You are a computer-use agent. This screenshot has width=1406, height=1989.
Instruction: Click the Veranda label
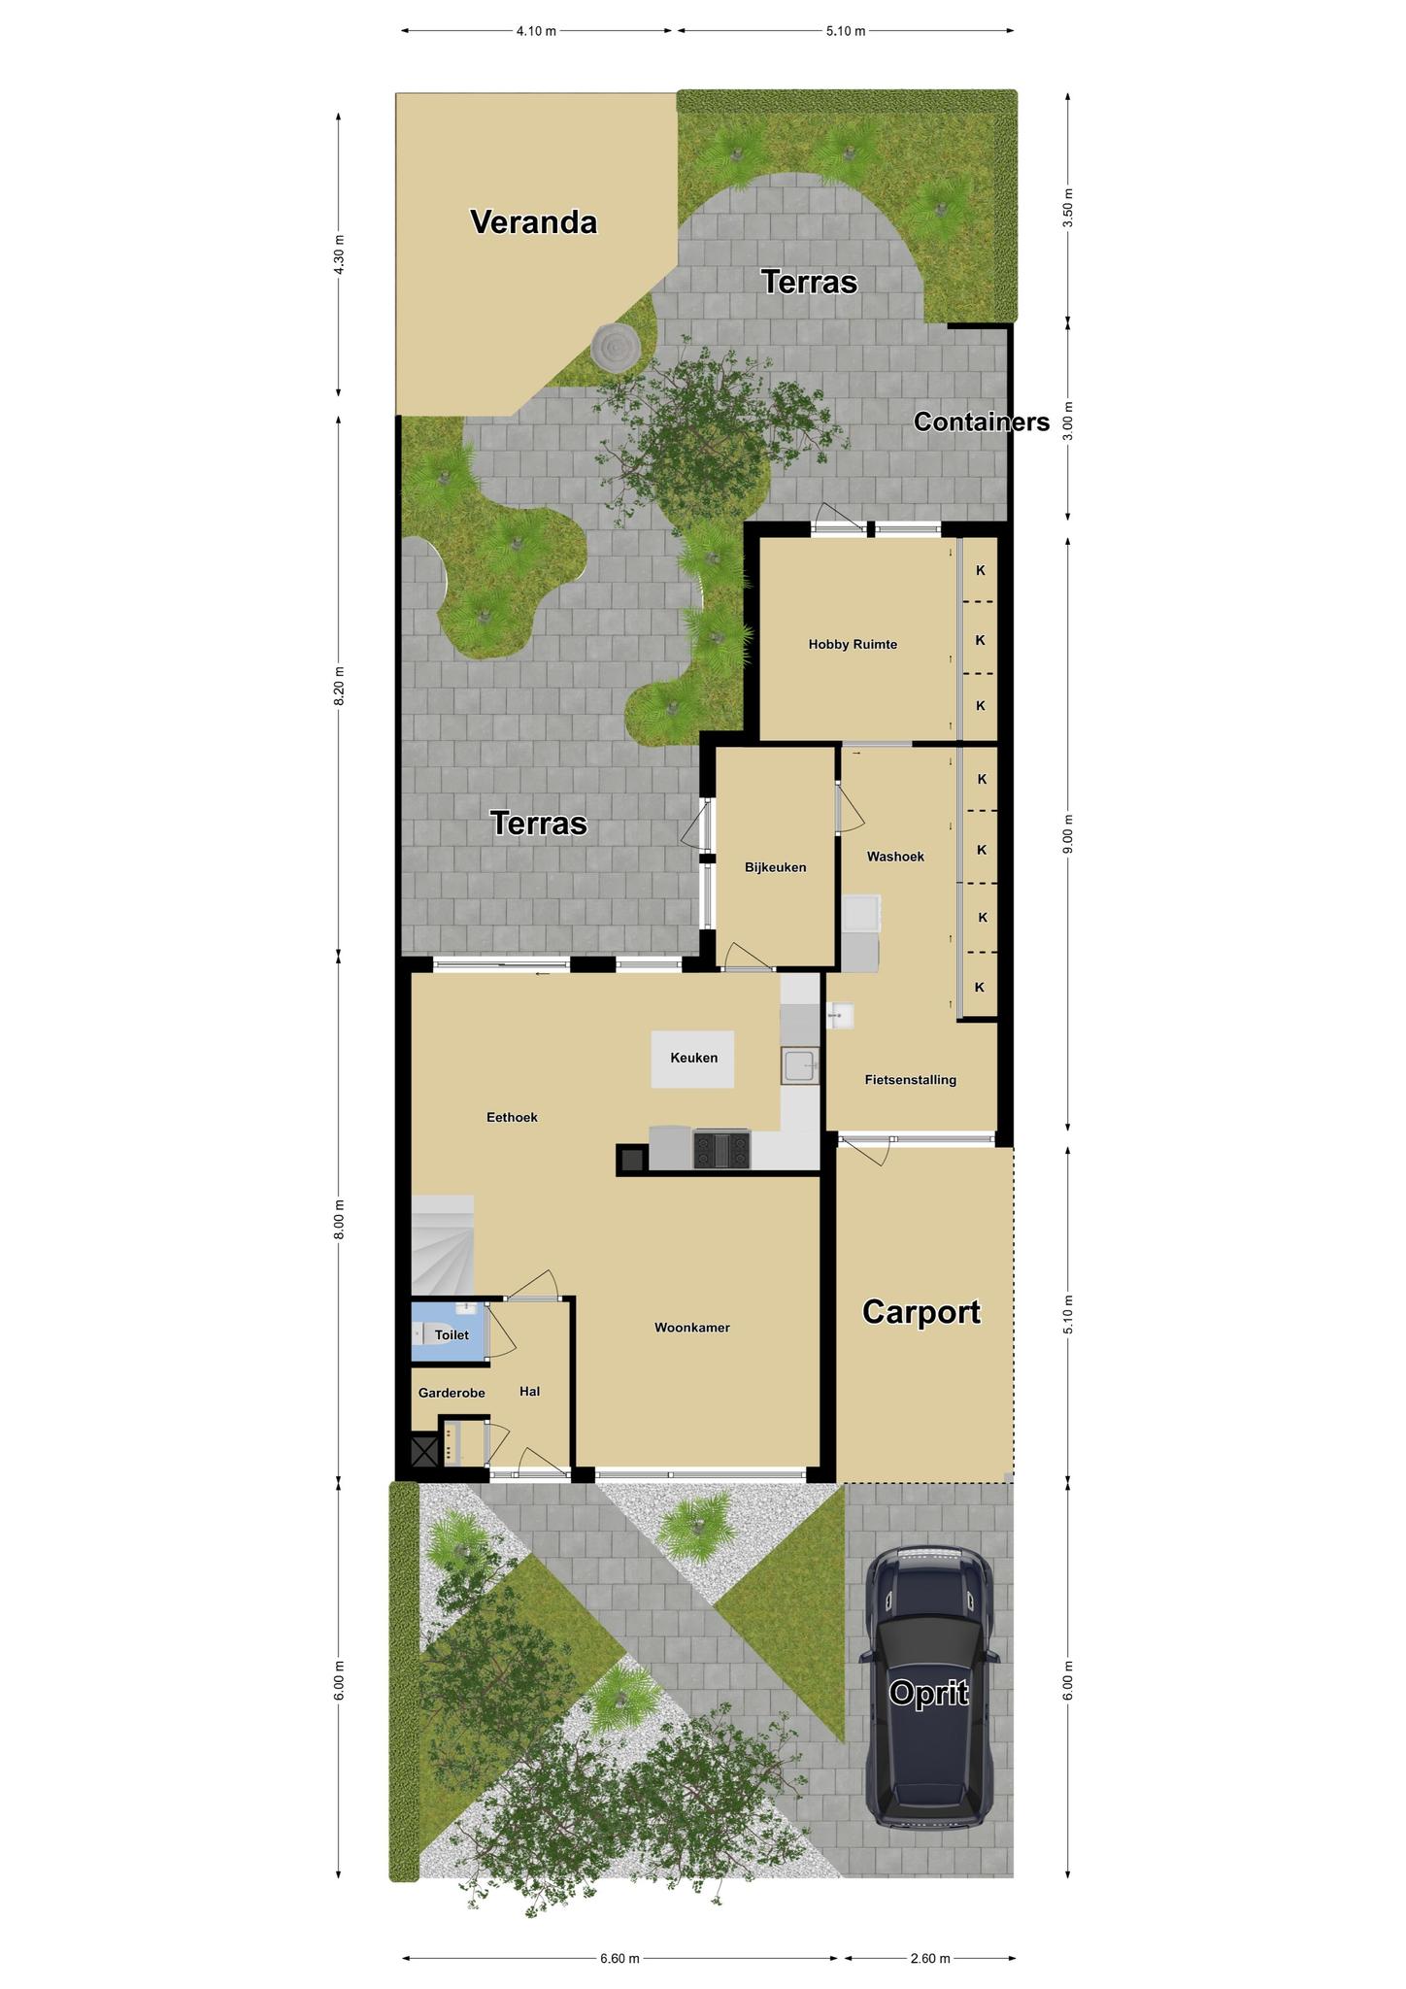point(533,222)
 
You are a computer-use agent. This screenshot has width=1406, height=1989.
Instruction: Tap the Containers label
point(982,421)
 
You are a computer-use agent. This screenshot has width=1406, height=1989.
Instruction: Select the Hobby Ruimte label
point(853,644)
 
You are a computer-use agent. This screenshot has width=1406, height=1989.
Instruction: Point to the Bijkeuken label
point(776,867)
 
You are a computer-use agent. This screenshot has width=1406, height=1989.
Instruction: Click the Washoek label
point(895,857)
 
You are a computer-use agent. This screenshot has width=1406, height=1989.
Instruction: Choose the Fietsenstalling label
point(911,1079)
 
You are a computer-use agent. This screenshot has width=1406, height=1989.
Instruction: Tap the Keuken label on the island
point(694,1058)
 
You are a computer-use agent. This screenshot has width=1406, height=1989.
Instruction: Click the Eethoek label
point(512,1117)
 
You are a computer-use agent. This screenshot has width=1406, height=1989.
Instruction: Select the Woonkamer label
point(692,1328)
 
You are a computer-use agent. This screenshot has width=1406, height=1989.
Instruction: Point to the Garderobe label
point(452,1393)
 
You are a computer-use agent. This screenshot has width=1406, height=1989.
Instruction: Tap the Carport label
point(921,1312)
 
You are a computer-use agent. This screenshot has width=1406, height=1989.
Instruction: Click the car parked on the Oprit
point(929,1689)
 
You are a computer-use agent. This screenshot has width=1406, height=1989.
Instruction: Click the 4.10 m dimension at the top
point(537,31)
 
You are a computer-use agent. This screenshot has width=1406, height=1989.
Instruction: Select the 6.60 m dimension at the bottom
point(619,1958)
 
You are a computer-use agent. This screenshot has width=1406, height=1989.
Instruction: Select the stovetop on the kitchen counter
point(721,1150)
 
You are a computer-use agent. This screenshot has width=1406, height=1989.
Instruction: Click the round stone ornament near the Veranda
point(615,345)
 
